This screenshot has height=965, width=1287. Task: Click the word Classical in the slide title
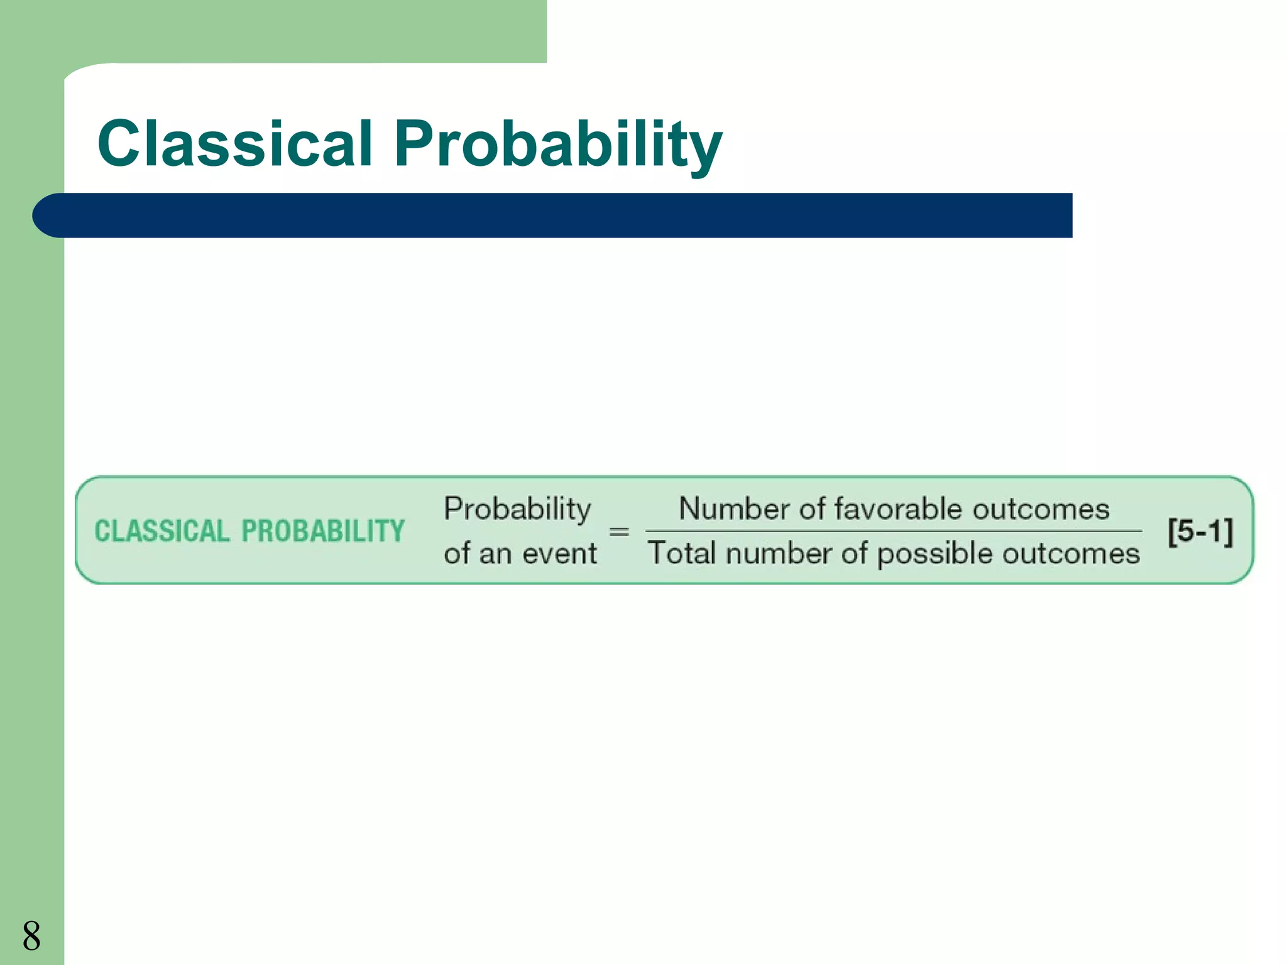click(236, 144)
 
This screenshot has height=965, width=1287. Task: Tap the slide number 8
click(31, 935)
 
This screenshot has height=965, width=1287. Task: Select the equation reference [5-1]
click(1200, 532)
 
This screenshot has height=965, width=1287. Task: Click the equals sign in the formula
click(619, 532)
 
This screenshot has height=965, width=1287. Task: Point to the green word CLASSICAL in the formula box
click(162, 532)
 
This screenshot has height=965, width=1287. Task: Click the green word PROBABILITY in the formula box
click(323, 532)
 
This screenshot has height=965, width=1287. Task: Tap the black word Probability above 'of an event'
click(517, 509)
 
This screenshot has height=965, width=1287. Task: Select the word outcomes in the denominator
click(1071, 553)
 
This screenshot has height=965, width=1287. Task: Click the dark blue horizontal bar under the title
click(566, 215)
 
